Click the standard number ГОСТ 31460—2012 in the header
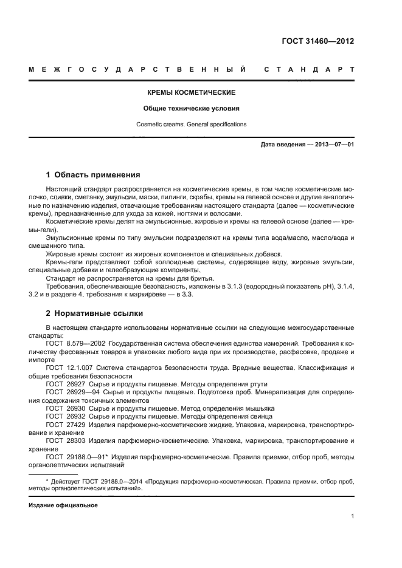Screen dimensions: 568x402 click(x=317, y=42)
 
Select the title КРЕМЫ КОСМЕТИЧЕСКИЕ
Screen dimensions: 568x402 click(x=192, y=93)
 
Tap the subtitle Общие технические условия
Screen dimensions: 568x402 click(x=192, y=109)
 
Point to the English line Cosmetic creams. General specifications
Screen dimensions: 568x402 click(x=192, y=124)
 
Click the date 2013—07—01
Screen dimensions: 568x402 click(x=332, y=145)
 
